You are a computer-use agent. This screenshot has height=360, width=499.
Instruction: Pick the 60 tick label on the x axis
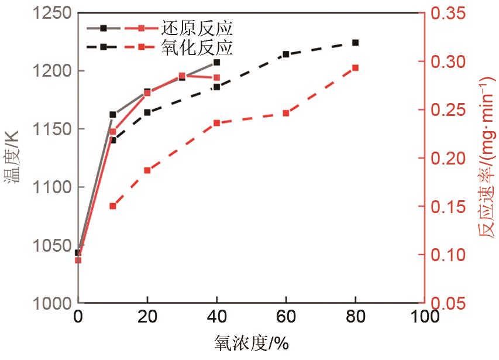click(x=286, y=317)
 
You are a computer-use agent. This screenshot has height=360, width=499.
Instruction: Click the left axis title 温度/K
click(x=13, y=158)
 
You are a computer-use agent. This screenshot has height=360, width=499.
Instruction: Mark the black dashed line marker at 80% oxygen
click(x=355, y=43)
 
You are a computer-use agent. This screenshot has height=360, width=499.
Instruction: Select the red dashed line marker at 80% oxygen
click(x=355, y=68)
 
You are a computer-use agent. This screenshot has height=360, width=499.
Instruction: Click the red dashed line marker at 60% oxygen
click(x=286, y=113)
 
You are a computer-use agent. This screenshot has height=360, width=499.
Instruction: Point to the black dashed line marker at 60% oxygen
click(x=286, y=54)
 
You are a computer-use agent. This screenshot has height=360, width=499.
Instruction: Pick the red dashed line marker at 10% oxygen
click(x=113, y=206)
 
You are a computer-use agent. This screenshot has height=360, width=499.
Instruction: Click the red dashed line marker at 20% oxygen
click(x=147, y=170)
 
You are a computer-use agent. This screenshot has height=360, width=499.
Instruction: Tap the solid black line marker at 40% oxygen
click(x=216, y=62)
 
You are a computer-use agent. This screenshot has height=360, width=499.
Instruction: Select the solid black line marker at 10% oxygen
click(x=113, y=115)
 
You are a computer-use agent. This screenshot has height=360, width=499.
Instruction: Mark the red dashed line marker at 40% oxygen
click(x=216, y=123)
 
